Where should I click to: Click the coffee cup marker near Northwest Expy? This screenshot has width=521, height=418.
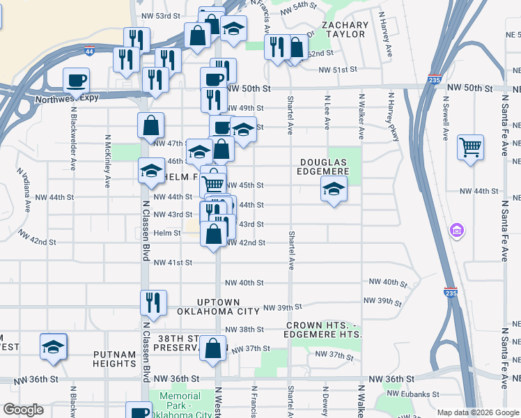click(76, 80)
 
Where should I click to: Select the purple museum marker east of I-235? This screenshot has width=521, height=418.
click(457, 229)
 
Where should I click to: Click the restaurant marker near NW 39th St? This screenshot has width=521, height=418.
click(153, 302)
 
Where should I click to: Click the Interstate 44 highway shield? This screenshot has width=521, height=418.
click(89, 52)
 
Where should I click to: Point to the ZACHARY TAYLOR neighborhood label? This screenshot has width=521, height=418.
click(345, 29)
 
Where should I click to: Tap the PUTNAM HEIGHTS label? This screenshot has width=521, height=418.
click(114, 359)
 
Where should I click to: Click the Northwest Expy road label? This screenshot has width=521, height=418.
click(63, 100)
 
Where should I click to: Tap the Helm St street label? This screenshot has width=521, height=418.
click(167, 233)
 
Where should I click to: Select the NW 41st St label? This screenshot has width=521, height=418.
click(172, 263)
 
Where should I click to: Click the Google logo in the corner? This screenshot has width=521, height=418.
click(23, 410)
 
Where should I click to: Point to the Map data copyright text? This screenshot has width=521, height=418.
click(478, 412)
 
